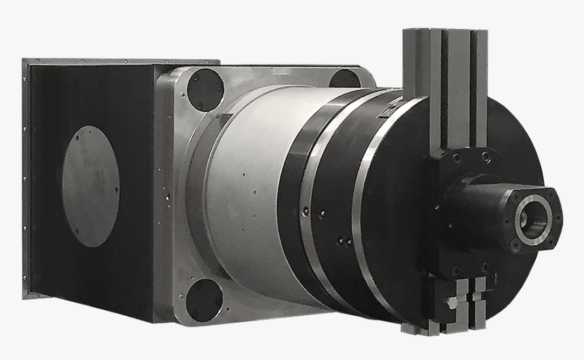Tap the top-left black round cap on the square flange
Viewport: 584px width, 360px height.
click(205, 90)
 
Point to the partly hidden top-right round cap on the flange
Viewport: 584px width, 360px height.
click(344, 79)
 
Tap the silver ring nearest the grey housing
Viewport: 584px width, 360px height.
click(308, 204)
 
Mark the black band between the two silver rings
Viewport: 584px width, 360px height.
click(333, 211)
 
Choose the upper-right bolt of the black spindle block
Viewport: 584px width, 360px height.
click(486, 157)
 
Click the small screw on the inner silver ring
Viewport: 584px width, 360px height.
click(307, 213)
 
